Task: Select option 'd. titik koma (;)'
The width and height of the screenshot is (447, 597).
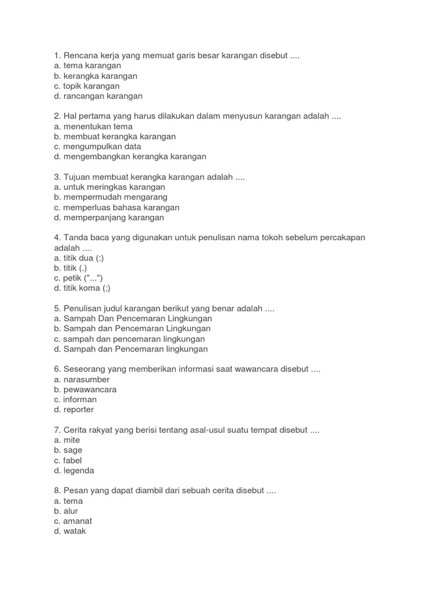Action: (82, 288)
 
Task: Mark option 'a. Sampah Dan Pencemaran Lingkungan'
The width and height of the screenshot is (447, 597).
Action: (133, 319)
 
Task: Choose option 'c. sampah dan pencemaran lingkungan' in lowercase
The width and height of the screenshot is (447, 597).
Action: (129, 339)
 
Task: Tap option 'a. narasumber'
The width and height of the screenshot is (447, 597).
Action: (81, 380)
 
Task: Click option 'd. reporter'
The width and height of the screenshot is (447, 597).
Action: (74, 409)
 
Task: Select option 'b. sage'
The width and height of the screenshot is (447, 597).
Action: (68, 450)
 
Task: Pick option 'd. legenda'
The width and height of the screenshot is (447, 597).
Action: (74, 470)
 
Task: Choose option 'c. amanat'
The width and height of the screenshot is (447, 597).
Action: (73, 521)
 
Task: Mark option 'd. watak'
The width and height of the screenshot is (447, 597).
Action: (70, 531)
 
